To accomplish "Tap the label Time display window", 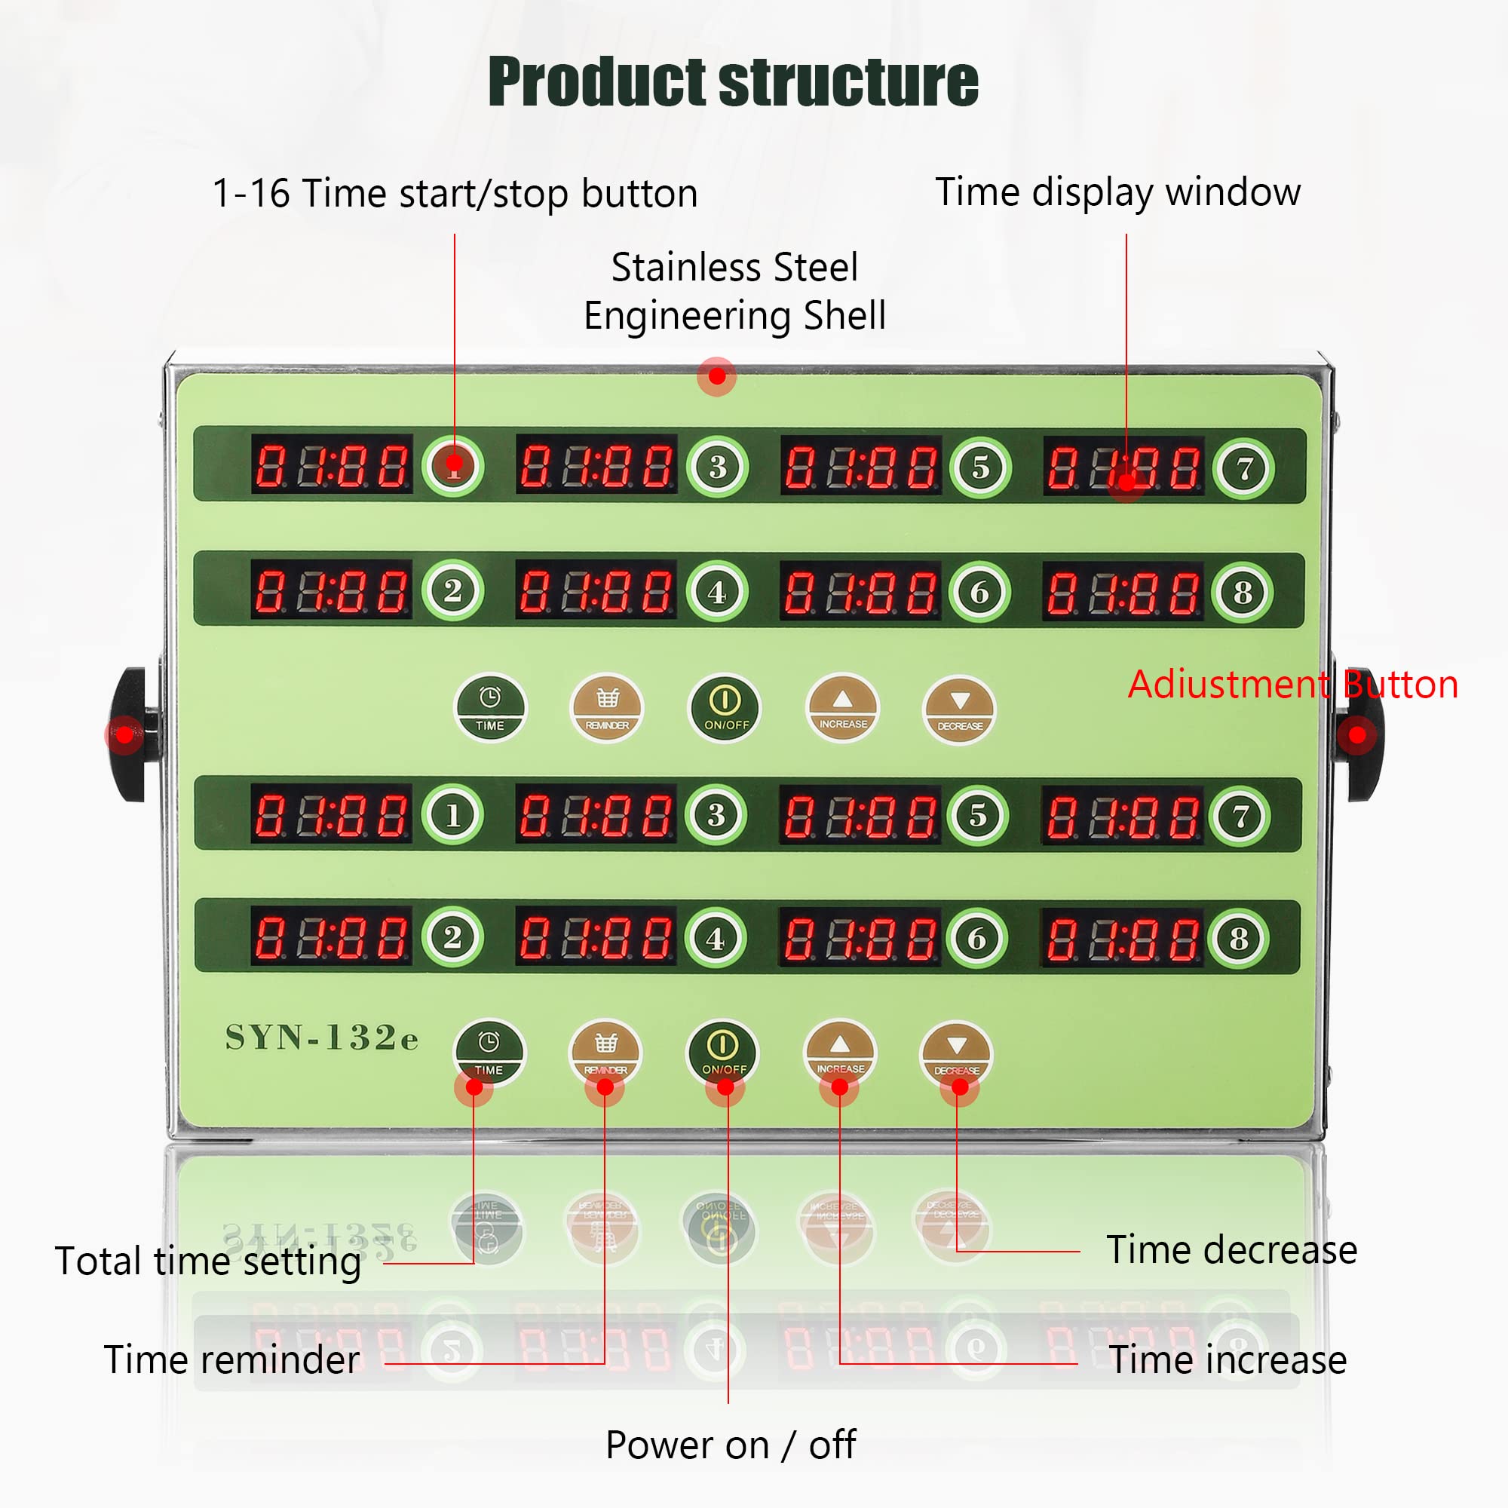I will click(x=1117, y=192).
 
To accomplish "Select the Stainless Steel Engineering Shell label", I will click(x=734, y=291).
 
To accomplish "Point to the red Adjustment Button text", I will click(x=1292, y=685).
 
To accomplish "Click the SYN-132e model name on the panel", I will click(x=322, y=1038).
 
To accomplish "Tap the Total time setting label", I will click(x=207, y=1261).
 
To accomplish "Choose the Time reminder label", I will click(x=231, y=1359).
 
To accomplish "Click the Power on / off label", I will click(x=731, y=1445).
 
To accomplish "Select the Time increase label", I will click(x=1228, y=1359).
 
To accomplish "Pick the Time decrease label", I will click(x=1232, y=1249).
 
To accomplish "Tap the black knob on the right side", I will click(x=1360, y=734).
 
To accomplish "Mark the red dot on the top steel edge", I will click(x=716, y=377).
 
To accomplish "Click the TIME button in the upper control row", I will click(x=490, y=708).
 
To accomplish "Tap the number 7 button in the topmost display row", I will click(x=1243, y=468).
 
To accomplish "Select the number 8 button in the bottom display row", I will click(x=1239, y=938).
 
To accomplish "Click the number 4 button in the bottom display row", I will click(x=716, y=938).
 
